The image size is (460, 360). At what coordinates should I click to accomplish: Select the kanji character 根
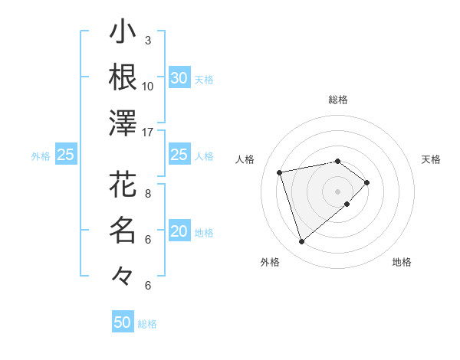123,77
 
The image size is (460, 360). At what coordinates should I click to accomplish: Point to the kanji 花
123,185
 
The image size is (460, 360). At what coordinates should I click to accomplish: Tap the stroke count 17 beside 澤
148,133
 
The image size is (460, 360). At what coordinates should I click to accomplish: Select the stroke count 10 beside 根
148,87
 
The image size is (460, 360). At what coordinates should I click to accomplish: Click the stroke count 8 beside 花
148,194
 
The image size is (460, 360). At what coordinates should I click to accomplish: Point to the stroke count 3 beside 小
148,41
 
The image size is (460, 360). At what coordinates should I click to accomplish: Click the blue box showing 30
179,78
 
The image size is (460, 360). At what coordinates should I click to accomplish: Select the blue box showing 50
123,322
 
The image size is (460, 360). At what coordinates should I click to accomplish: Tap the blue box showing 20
179,232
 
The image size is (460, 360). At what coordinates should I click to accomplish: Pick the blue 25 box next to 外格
66,155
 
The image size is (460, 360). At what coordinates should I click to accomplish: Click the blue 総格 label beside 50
147,324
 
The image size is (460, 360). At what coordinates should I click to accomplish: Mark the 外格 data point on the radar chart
302,242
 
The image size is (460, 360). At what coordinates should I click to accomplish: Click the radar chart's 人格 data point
280,172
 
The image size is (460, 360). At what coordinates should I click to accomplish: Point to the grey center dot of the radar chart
337,191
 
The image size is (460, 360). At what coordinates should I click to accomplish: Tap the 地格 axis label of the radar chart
402,263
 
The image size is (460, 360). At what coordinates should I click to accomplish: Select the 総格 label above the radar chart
337,100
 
